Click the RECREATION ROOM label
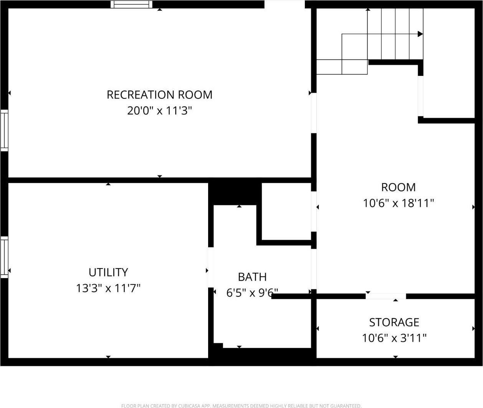point(159,95)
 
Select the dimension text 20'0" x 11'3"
point(159,111)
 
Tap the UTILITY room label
point(108,272)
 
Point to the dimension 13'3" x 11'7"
point(108,288)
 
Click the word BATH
point(252,277)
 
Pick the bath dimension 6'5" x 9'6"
point(252,293)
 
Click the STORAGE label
point(394,322)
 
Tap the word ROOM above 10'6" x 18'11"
point(398,187)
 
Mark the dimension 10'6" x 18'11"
point(399,203)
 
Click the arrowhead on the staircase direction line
point(420,34)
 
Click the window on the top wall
point(132,5)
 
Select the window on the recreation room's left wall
point(4,130)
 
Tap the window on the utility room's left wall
point(4,257)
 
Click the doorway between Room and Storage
point(385,296)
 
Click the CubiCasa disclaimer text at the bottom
point(241,406)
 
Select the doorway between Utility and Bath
point(210,267)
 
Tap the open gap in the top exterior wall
point(285,4)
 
